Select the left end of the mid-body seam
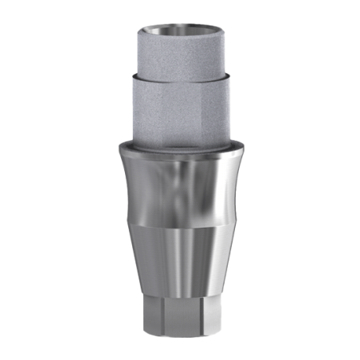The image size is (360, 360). pyautogui.click(x=127, y=224)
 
